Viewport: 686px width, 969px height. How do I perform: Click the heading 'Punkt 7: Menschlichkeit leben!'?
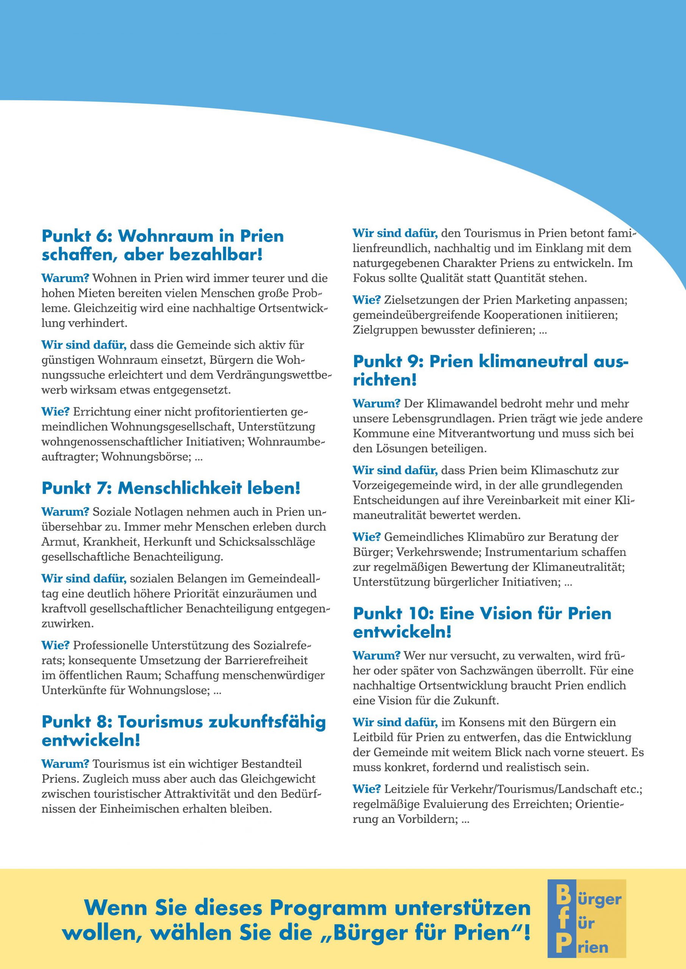(x=171, y=489)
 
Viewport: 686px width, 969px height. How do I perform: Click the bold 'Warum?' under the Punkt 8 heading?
(x=65, y=764)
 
